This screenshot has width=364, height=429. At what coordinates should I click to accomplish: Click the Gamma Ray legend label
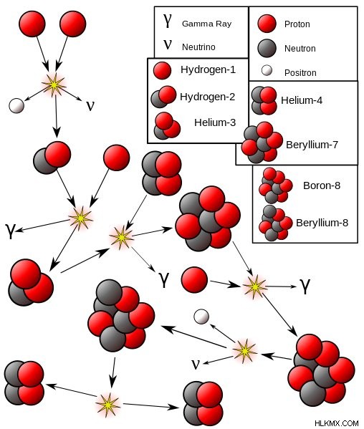(206, 24)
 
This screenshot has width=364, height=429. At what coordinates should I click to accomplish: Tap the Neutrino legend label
(198, 47)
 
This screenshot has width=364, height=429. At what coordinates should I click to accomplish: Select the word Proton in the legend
(297, 24)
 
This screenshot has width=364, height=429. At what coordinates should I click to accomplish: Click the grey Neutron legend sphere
(267, 48)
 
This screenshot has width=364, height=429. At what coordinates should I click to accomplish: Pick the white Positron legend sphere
(267, 70)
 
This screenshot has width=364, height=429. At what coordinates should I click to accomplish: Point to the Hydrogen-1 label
(208, 69)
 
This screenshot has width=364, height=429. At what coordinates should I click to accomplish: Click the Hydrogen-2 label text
(208, 97)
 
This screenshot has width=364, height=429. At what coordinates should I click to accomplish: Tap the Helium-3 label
(215, 122)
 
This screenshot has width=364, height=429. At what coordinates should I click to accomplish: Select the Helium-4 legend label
(302, 100)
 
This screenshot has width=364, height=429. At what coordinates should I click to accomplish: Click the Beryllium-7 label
(312, 145)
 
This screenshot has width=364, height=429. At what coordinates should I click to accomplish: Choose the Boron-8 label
(322, 185)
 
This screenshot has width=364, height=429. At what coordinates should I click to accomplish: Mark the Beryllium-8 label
(322, 223)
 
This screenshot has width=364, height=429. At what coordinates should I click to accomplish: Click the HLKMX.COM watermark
(336, 423)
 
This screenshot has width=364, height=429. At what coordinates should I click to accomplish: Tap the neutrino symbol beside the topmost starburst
(90, 105)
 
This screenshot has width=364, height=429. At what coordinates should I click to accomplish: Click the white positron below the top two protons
(16, 105)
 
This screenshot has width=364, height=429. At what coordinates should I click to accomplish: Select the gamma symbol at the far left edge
(11, 231)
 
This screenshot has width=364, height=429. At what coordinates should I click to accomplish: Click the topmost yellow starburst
(54, 85)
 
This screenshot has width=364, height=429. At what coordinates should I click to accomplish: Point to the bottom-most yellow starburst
(108, 405)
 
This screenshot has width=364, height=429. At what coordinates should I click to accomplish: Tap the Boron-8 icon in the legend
(275, 185)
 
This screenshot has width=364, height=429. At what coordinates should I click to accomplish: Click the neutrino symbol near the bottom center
(196, 365)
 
